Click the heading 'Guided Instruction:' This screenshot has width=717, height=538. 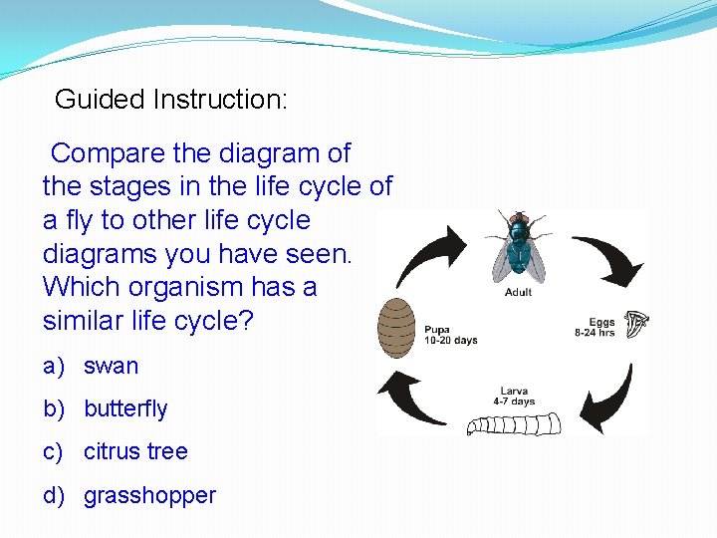(x=170, y=100)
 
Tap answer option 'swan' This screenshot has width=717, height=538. (x=111, y=366)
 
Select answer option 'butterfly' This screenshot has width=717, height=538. (x=125, y=408)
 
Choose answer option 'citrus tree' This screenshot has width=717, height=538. (x=135, y=451)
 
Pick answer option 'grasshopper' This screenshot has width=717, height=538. (x=149, y=495)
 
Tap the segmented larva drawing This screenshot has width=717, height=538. (x=514, y=423)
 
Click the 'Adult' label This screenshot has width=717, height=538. (x=519, y=292)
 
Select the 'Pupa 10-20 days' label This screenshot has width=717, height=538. (x=450, y=335)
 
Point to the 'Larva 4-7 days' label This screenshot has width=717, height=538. (x=514, y=397)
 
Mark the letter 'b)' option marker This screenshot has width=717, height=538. (x=56, y=408)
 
